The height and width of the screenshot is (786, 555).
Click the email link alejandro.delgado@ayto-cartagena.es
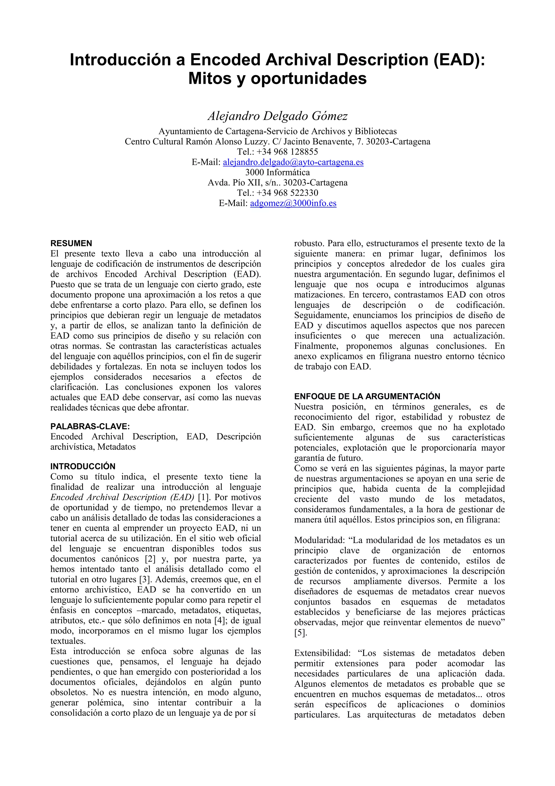293,162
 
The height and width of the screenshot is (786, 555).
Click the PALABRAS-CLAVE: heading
90,427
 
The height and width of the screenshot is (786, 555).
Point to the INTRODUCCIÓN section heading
83,466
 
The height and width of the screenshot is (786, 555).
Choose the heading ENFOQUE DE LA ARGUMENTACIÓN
367,397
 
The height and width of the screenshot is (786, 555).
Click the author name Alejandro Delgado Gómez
277,116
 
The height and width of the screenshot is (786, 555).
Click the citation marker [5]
301,633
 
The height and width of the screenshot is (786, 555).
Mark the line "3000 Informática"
277,172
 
